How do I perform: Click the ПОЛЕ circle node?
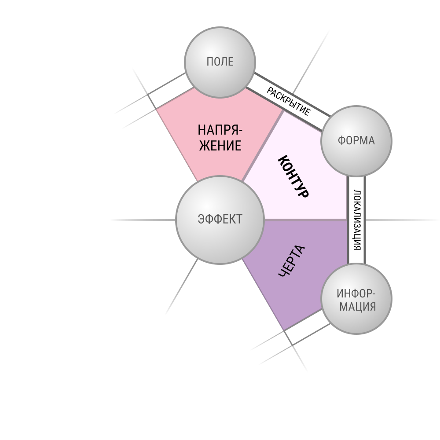point(220,62)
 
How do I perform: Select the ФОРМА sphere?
point(356,141)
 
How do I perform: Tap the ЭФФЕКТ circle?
point(220,220)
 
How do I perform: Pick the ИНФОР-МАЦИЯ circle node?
point(356,299)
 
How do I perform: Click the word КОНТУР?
point(293,176)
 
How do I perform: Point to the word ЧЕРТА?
point(292,261)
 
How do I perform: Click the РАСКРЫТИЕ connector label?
point(289,101)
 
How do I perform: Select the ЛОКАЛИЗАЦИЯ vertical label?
point(357,220)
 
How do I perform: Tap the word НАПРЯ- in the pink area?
point(220,130)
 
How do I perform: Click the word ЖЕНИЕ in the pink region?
point(220,146)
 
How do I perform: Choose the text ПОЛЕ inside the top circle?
point(220,62)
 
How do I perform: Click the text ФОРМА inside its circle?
point(356,141)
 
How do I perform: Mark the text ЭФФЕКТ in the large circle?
point(220,219)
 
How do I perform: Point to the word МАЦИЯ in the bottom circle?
point(358,307)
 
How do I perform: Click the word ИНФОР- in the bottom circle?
point(356,294)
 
